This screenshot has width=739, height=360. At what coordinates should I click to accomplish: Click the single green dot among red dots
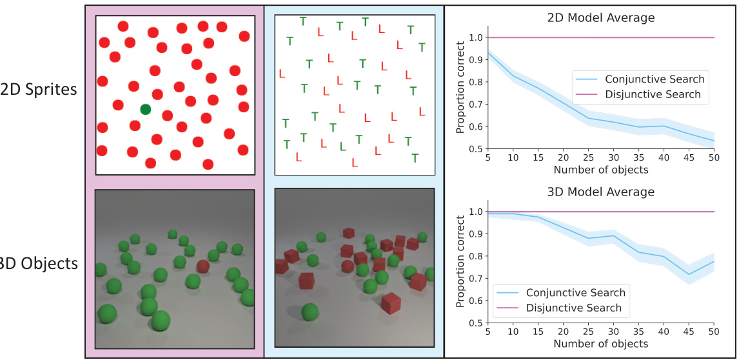click(145, 110)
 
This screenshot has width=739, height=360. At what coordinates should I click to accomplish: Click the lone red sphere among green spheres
click(203, 266)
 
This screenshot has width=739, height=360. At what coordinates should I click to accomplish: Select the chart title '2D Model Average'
click(600, 18)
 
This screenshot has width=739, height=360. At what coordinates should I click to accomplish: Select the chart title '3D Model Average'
click(600, 192)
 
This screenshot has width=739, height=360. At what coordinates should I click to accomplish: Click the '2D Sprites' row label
click(39, 89)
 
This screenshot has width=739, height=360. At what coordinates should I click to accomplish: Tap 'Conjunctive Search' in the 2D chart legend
click(655, 79)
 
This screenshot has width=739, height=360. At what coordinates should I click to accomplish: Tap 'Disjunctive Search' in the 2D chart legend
click(653, 94)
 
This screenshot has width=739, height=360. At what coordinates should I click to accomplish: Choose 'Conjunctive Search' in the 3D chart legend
click(575, 293)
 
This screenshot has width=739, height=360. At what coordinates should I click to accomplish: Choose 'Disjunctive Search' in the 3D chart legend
click(574, 308)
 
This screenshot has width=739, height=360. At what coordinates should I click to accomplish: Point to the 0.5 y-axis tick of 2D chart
click(474, 149)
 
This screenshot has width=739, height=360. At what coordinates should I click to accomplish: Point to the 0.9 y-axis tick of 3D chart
click(474, 234)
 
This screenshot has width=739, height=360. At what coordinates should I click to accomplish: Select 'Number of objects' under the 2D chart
click(600, 170)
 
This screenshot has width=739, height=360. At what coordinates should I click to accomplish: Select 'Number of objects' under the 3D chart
click(600, 344)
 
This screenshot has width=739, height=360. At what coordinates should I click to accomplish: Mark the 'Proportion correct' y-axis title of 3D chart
click(460, 267)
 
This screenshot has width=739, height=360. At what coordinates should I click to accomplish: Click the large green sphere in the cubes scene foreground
click(310, 312)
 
